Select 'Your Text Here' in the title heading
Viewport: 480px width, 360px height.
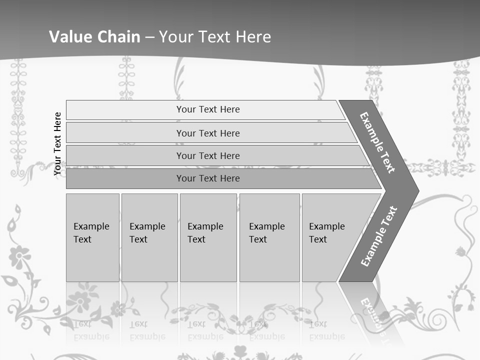215,36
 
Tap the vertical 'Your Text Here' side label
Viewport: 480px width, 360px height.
57,143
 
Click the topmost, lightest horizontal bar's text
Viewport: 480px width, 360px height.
208,109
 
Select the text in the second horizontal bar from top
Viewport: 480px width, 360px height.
208,133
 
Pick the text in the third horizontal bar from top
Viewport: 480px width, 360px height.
208,155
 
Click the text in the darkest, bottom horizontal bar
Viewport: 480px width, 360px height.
208,178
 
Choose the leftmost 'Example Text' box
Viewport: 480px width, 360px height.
91,233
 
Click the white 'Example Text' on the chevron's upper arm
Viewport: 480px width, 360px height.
377,142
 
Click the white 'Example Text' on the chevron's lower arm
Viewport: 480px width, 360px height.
378,236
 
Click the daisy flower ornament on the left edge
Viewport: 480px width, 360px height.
19,256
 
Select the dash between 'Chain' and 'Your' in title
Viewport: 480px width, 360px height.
149,37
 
